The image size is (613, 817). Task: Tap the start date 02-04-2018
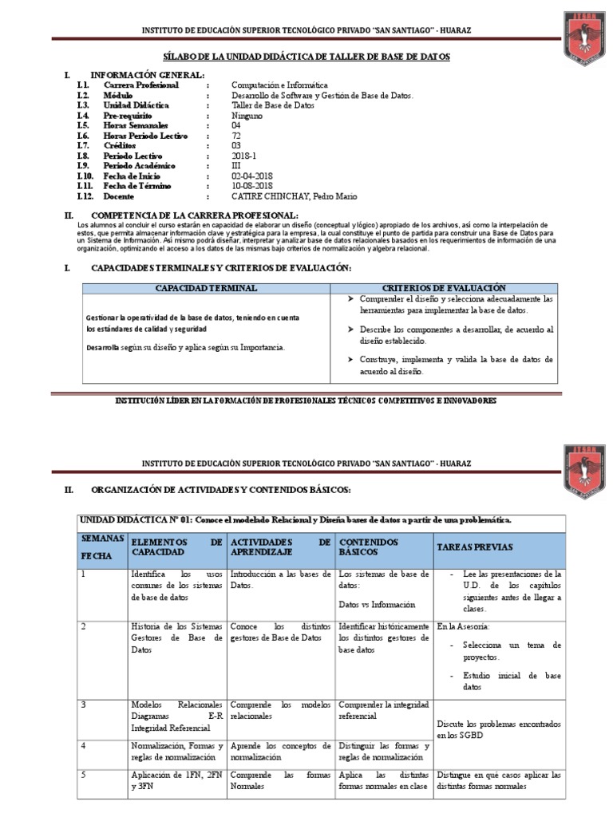point(252,176)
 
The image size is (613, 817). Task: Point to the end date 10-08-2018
point(252,186)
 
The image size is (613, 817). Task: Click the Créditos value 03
point(236,145)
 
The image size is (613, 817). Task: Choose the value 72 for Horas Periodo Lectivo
point(236,136)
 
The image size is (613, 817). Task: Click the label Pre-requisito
point(128,116)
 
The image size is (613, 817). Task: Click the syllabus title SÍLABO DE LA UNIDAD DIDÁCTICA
point(306,57)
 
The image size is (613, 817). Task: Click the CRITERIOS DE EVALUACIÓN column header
point(444,286)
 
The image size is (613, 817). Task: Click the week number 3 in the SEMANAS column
point(83,705)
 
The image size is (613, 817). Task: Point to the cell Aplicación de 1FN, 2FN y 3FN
point(177,780)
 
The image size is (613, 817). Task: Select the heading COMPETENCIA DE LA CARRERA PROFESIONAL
point(196,215)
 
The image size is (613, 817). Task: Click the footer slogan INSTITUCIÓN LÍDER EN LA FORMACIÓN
point(306,401)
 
